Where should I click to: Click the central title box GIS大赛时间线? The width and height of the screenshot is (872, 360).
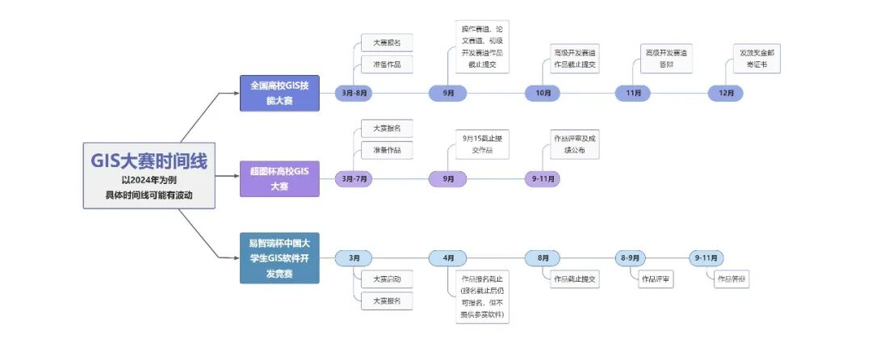[x=149, y=176]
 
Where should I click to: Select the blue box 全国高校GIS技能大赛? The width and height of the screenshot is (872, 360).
[x=280, y=93]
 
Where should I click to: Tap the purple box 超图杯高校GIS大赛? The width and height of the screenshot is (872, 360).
[x=280, y=178]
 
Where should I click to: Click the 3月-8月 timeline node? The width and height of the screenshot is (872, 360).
[x=353, y=94]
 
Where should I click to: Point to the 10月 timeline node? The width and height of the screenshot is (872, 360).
[x=543, y=94]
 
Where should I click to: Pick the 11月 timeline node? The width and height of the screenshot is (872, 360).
[x=633, y=94]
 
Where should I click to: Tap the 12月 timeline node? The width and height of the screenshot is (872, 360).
[x=725, y=94]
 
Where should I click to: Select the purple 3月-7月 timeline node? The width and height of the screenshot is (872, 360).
[x=353, y=178]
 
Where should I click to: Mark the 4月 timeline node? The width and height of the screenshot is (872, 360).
[x=448, y=258]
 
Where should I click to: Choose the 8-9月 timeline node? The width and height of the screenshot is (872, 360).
[x=630, y=258]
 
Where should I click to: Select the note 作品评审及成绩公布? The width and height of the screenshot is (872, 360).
[x=575, y=143]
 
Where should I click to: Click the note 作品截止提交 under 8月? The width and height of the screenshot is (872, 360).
[x=575, y=279]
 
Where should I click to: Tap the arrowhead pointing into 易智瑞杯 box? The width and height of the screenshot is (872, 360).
[x=237, y=258]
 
